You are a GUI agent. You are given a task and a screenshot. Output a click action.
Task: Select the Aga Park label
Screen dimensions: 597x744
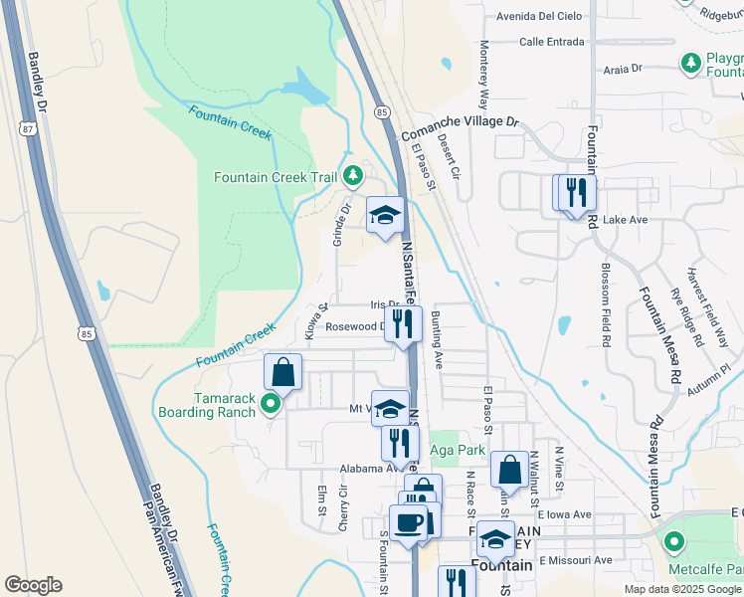tap(458, 450)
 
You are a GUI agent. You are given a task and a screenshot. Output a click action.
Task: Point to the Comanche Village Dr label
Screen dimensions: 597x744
tap(460, 124)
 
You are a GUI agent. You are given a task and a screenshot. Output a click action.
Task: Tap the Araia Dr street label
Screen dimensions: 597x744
tap(624, 70)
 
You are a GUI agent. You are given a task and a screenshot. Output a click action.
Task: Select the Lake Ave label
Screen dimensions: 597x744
tap(625, 219)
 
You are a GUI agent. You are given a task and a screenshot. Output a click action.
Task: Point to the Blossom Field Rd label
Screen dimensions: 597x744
tap(606, 305)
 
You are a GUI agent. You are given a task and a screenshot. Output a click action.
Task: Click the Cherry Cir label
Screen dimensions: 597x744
tap(343, 507)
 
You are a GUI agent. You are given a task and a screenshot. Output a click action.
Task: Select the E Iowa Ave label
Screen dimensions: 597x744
tap(564, 514)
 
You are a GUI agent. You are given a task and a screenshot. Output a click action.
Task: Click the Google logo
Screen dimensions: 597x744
tap(34, 585)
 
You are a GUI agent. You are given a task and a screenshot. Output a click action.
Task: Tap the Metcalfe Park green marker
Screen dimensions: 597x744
tap(675, 542)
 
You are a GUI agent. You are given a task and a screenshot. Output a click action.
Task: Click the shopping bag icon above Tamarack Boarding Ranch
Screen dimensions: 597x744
tap(282, 372)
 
